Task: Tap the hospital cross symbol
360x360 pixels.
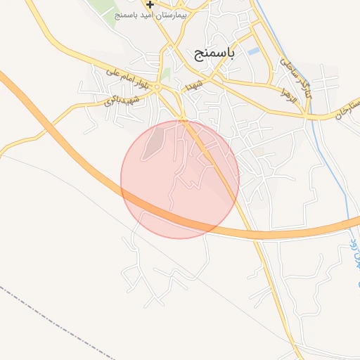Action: [x=150, y=4]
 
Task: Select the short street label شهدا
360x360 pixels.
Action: [x=194, y=85]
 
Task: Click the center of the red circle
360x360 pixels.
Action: [x=180, y=179]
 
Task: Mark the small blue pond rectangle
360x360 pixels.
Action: [x=253, y=51]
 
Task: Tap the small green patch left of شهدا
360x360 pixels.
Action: [x=166, y=75]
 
